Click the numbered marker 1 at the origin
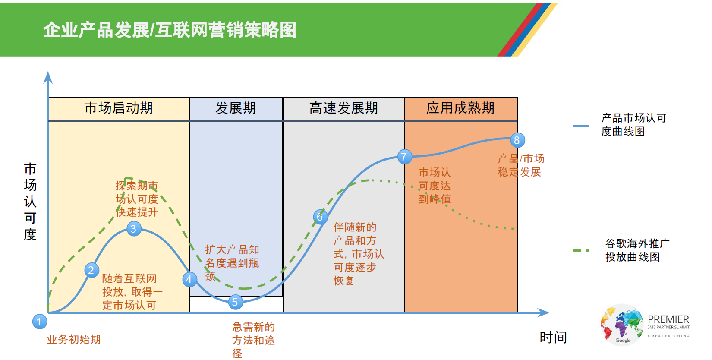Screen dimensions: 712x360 point(40,322)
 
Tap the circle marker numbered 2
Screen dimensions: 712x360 point(91,270)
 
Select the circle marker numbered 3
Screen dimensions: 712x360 point(134,229)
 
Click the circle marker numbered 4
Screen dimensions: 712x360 point(189,280)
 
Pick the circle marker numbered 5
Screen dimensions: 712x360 point(236,302)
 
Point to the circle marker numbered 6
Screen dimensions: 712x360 point(320,217)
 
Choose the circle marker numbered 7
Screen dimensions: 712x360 point(405,156)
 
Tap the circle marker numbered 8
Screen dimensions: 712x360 point(517,140)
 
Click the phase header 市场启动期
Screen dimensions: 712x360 point(119,108)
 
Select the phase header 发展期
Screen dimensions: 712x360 point(236,108)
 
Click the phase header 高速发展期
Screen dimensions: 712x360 point(343,108)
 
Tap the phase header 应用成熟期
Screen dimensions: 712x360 point(460,108)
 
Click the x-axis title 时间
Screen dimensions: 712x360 point(553,338)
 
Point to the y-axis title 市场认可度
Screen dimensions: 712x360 point(30,202)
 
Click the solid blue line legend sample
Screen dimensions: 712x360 point(581,126)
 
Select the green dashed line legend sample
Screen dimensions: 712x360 point(581,251)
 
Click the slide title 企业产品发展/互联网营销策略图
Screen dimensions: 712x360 point(170,30)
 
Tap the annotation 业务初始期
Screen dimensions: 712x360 point(74,340)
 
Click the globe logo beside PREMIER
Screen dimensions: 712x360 point(622,324)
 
